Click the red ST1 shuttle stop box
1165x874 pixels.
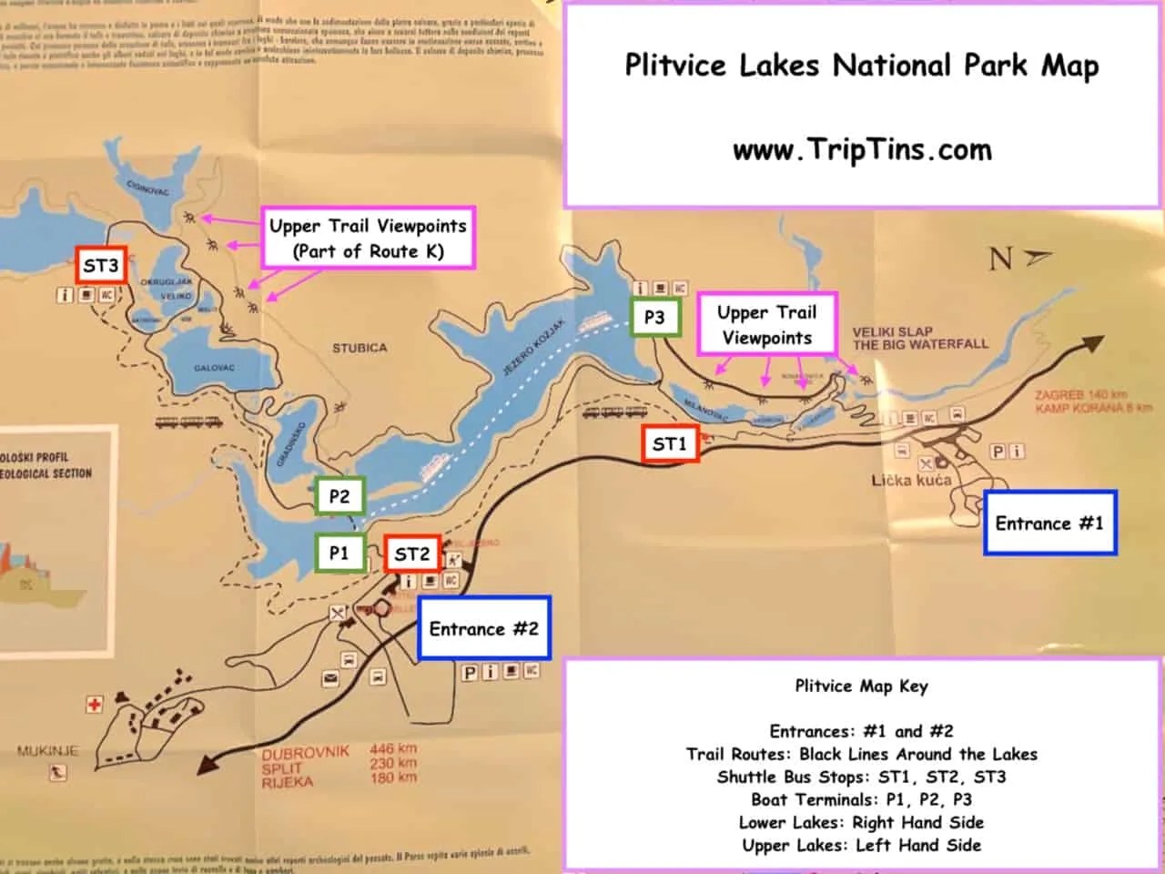[x=669, y=444]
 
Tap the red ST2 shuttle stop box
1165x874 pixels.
[x=411, y=554]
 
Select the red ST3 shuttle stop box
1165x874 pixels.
[x=100, y=266]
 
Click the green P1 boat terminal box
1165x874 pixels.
[x=339, y=553]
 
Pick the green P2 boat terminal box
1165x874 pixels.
[x=339, y=496]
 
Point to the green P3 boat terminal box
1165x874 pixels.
[x=654, y=317]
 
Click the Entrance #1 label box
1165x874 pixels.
[x=1048, y=523]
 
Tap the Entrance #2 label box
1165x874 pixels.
[x=483, y=629]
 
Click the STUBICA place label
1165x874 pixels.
[x=360, y=348]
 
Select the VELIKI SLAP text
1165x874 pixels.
[x=893, y=331]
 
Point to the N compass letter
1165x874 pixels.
[x=1001, y=259]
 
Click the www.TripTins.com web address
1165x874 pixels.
[x=862, y=150]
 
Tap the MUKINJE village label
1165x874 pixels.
[x=47, y=751]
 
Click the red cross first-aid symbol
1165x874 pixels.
[x=94, y=704]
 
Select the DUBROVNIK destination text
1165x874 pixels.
[x=306, y=752]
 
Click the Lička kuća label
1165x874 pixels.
[x=911, y=480]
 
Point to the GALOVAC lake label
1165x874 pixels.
[x=214, y=368]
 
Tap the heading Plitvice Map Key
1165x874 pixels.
[x=861, y=686]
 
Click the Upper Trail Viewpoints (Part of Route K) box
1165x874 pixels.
[x=368, y=239]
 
